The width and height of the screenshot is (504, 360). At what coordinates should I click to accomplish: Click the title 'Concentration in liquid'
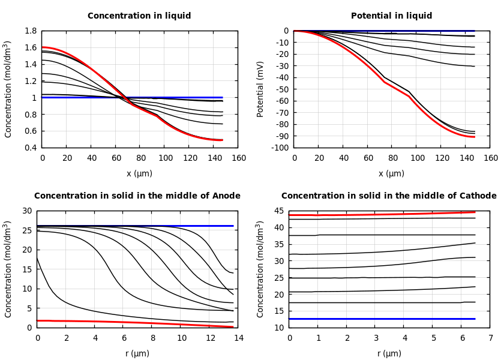point(139,16)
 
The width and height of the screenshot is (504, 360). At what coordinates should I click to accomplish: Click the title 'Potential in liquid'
point(391,16)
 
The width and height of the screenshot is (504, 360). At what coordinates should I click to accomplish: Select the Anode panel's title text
point(137,196)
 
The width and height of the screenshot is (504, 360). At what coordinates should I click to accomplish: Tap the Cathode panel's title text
point(389,196)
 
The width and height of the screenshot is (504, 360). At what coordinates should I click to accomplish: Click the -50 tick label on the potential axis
point(281,89)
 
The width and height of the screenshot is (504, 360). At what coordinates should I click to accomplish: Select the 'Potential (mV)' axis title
point(260,89)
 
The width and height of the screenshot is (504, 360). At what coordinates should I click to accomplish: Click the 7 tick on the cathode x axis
point(490,338)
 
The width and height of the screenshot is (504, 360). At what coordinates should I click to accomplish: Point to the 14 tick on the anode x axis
point(238,338)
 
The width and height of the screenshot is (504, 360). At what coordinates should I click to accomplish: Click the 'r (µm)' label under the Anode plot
point(137,353)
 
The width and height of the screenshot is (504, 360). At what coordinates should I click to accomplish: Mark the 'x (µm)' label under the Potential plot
point(391,173)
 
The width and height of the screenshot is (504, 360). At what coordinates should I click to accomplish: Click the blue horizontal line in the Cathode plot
point(390,319)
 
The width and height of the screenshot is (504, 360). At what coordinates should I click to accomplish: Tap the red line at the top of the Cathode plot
point(390,214)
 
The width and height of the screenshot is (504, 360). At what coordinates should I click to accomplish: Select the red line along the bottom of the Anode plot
point(120,322)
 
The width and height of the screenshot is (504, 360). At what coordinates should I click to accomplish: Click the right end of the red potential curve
point(474,137)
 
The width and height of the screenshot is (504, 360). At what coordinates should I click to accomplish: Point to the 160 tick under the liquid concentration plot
point(238,158)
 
